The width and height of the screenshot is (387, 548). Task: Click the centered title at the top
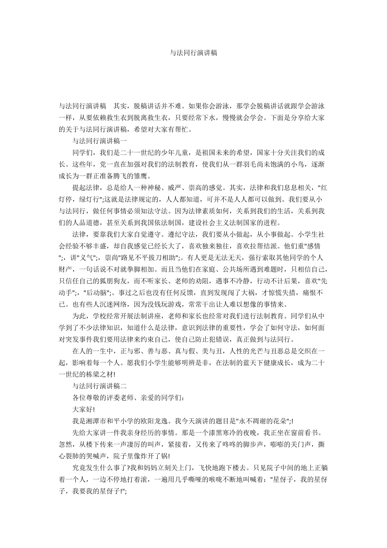(193, 53)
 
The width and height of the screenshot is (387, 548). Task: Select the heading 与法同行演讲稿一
(97, 141)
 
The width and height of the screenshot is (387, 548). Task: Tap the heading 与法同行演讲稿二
(97, 385)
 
